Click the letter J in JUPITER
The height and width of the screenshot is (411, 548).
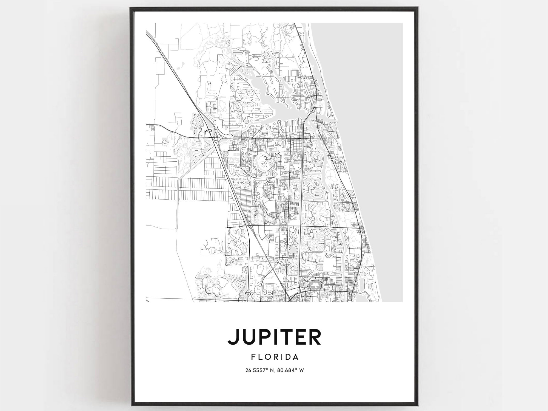click(x=232, y=337)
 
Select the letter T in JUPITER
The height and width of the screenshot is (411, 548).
click(x=286, y=337)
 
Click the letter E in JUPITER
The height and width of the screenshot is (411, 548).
click(x=300, y=337)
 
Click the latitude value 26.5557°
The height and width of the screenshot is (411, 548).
click(x=256, y=370)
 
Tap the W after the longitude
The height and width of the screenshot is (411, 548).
click(x=301, y=370)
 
